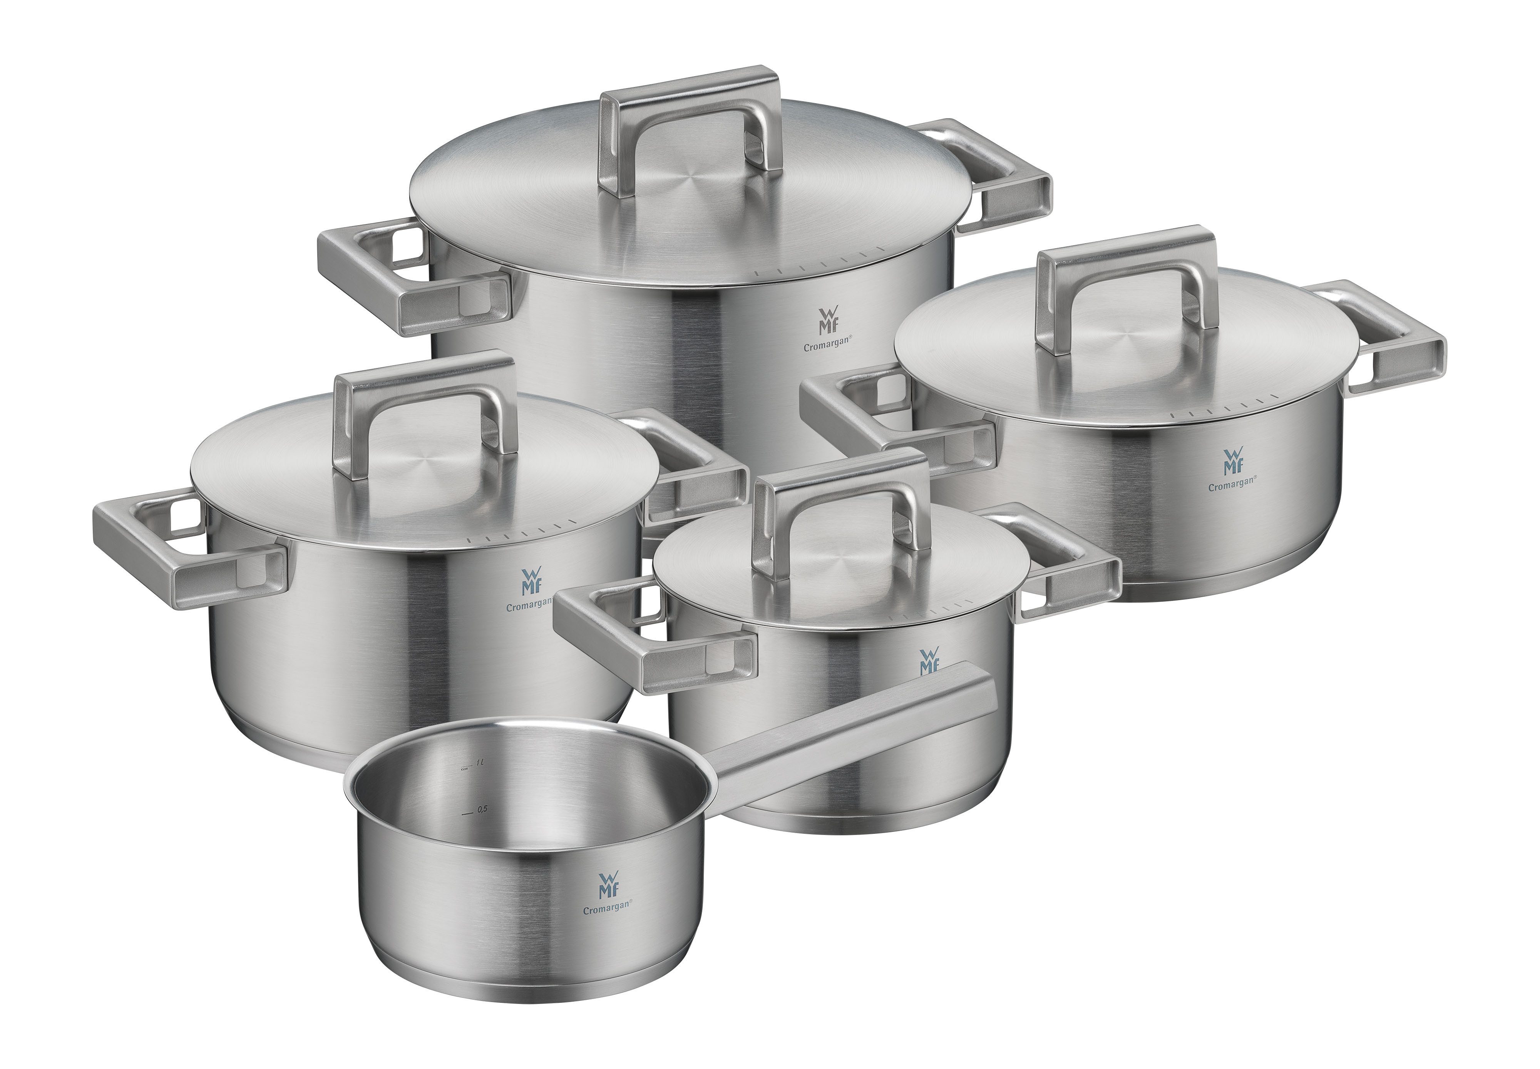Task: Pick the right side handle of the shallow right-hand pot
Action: point(1400,348)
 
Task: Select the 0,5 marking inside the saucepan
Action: point(481,809)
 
